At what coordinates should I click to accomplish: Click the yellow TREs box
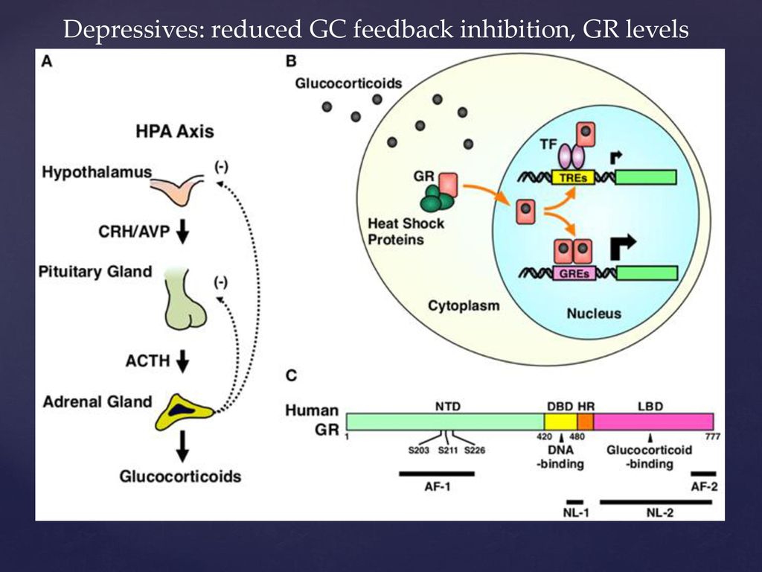[573, 177]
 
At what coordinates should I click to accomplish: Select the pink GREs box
[574, 273]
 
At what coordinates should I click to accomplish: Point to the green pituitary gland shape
[185, 299]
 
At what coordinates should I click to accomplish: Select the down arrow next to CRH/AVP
[183, 231]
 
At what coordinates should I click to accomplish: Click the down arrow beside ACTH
[183, 361]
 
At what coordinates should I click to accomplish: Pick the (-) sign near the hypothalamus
[221, 168]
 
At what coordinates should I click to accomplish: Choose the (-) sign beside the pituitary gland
[221, 282]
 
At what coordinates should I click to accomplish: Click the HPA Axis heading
[175, 131]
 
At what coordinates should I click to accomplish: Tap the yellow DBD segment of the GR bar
[561, 422]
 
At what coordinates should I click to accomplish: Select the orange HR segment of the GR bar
[586, 422]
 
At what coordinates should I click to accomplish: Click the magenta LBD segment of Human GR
[653, 422]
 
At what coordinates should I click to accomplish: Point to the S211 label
[447, 451]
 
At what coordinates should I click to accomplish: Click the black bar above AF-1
[436, 473]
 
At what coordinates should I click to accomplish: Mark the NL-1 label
[576, 512]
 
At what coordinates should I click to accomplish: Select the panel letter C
[292, 375]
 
